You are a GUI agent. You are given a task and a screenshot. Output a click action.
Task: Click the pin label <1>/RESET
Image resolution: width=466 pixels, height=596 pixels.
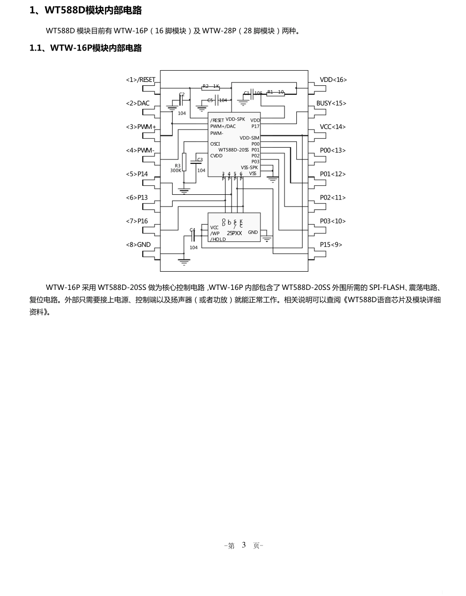(140, 80)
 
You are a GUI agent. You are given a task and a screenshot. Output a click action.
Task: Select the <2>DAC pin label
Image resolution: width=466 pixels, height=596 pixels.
(137, 104)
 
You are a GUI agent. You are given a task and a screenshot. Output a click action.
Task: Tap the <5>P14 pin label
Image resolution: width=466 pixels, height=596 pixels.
(137, 174)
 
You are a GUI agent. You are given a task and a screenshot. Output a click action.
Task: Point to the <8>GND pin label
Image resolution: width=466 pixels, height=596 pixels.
(138, 245)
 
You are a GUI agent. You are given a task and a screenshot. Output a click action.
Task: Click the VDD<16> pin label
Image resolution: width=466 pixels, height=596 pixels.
(333, 80)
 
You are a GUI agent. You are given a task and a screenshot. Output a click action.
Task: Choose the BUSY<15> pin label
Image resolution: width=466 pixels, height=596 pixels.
(331, 104)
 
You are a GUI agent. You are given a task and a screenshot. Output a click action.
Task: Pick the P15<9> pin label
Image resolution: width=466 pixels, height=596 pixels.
(331, 245)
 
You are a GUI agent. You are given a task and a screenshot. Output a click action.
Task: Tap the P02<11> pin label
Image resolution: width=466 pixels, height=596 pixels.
(333, 198)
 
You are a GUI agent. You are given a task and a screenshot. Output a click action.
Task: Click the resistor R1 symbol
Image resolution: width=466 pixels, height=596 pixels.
(276, 93)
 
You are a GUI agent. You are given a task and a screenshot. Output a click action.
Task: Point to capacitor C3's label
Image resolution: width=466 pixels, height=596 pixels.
(200, 159)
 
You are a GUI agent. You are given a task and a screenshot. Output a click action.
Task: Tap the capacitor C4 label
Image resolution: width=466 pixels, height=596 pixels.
(192, 230)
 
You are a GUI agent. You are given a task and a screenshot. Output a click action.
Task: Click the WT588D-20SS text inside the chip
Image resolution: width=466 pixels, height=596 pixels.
(233, 150)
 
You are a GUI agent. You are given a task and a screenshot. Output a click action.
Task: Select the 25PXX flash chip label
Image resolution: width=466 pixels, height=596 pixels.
(234, 233)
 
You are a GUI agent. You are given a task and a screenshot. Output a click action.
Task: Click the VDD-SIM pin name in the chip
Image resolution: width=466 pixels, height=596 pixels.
(249, 138)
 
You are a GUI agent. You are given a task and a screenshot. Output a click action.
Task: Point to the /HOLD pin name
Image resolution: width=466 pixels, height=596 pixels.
(218, 239)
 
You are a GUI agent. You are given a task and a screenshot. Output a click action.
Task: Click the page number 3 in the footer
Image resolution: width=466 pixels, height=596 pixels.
(244, 545)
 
